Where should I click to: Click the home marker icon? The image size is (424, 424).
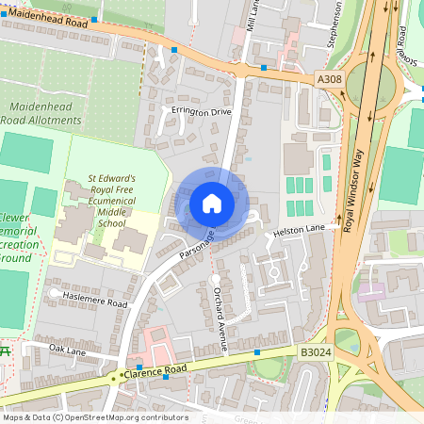click(212, 204)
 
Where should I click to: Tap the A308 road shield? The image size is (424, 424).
click(329, 80)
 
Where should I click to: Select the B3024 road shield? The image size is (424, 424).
click(315, 351)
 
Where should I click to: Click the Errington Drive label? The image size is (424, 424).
click(201, 111)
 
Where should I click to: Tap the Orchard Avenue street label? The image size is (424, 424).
click(220, 318)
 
